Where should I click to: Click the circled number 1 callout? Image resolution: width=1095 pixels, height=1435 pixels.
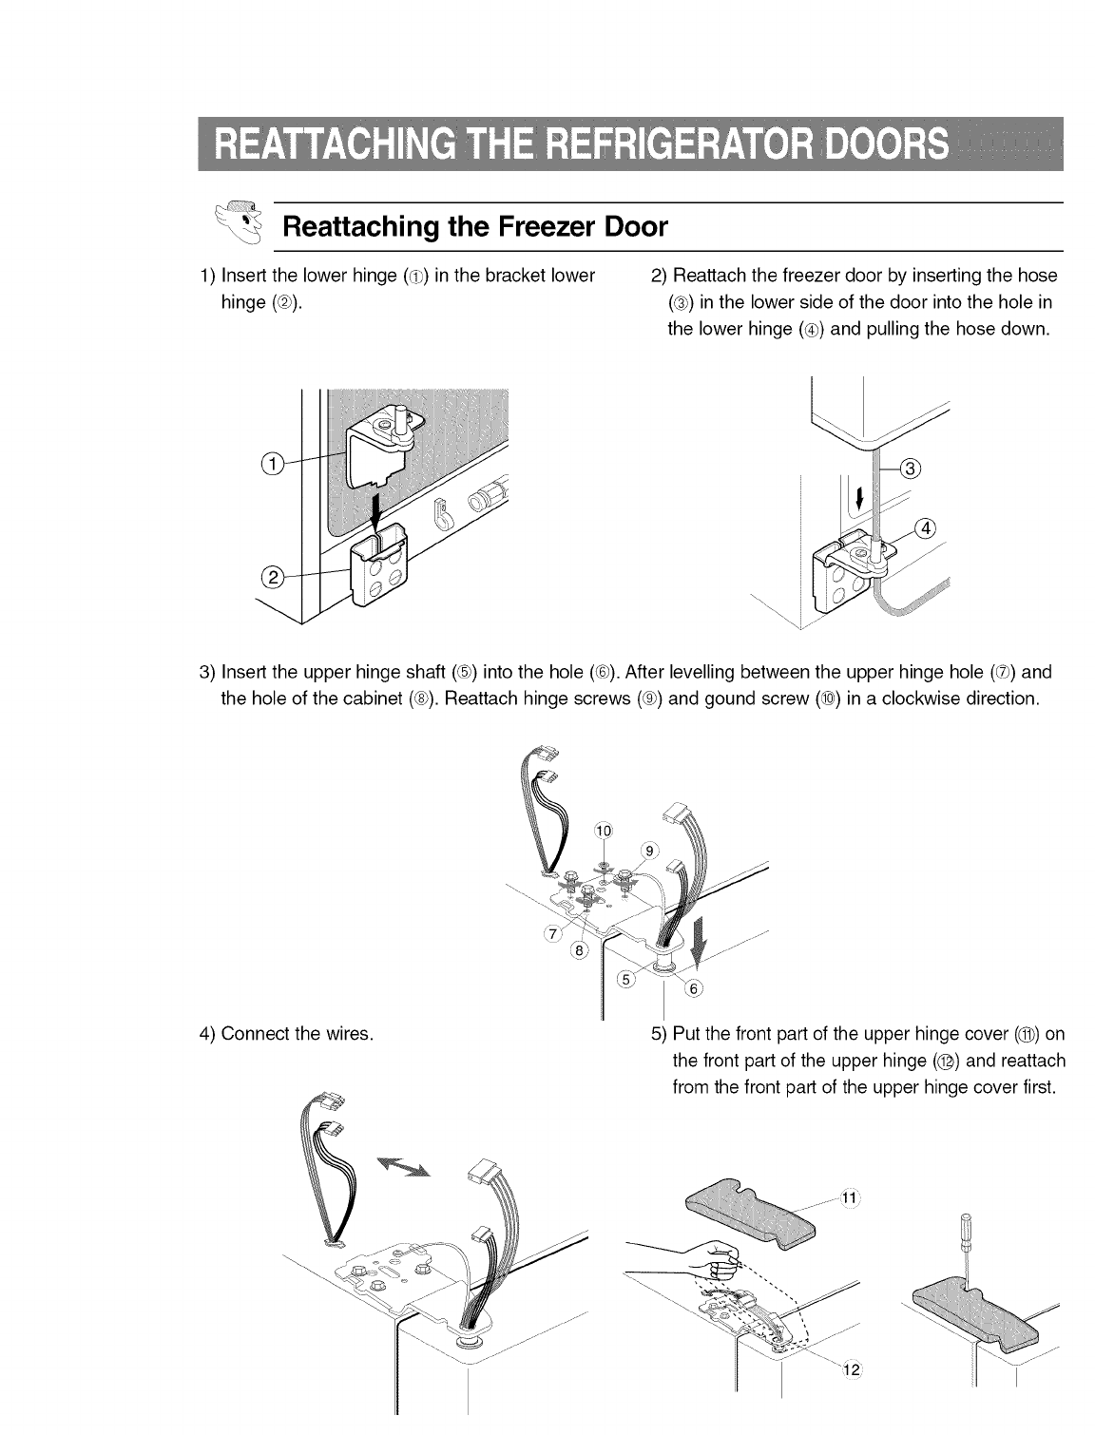[272, 464]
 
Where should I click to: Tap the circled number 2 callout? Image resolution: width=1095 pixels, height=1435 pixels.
[272, 576]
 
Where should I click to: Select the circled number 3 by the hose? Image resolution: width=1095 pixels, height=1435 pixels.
[910, 468]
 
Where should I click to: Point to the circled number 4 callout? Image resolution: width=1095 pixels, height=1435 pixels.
[924, 529]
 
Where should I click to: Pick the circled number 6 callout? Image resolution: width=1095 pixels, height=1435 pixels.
[693, 989]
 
